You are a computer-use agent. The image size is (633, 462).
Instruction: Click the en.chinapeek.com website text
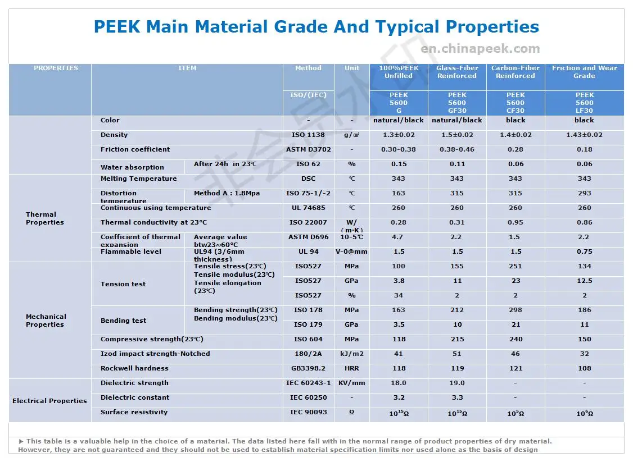480,49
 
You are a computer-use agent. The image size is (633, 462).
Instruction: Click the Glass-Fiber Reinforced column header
457,72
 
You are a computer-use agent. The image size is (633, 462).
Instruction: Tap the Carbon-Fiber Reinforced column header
516,72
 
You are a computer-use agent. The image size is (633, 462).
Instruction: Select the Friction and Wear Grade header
584,72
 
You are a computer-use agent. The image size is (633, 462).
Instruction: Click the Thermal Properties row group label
45,218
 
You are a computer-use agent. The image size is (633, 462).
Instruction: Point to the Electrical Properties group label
49,401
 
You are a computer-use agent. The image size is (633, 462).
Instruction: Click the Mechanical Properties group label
46,321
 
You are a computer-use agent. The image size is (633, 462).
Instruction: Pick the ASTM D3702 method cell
309,149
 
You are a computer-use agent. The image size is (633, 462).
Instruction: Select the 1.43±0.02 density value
584,135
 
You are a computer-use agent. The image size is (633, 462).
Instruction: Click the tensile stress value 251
516,266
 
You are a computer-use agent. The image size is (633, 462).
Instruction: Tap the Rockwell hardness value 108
584,368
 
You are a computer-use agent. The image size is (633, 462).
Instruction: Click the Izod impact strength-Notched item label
155,354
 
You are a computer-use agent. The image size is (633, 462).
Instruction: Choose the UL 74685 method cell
309,208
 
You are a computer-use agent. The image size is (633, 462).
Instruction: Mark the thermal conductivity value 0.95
516,222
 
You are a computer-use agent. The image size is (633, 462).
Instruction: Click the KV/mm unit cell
352,383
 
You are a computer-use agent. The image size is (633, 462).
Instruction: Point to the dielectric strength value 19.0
457,383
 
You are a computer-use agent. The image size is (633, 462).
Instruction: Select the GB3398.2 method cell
309,368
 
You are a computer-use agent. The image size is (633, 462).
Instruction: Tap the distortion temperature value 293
584,193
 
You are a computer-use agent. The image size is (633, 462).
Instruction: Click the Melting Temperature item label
138,179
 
